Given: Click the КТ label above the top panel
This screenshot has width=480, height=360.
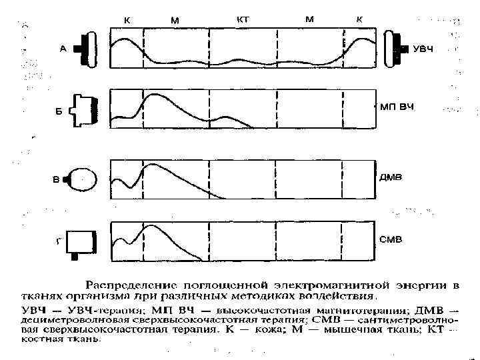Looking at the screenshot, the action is pyautogui.click(x=243, y=19).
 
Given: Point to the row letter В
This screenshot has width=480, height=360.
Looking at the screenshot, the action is pyautogui.click(x=57, y=179).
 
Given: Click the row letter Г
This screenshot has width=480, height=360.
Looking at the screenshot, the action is pyautogui.click(x=59, y=242).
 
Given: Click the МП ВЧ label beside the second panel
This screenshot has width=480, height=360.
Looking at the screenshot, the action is pyautogui.click(x=397, y=107).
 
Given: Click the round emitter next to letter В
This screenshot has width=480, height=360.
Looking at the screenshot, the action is pyautogui.click(x=84, y=178).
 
